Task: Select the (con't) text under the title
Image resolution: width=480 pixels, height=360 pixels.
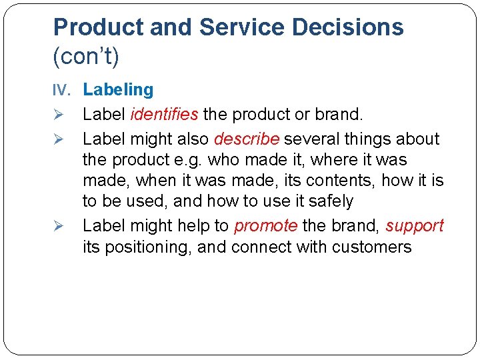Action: [x=86, y=57]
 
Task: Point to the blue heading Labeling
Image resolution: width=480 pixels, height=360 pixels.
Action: [x=118, y=90]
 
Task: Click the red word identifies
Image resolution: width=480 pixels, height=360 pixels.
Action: [x=164, y=114]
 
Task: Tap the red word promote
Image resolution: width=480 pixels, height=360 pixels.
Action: [x=265, y=225]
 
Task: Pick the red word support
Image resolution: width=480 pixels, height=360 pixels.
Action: [x=414, y=225]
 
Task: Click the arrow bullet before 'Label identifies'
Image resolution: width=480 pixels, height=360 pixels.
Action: [x=58, y=115]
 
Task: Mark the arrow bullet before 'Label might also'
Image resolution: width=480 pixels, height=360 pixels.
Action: [x=58, y=139]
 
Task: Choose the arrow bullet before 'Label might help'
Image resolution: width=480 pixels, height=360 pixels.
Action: [x=58, y=226]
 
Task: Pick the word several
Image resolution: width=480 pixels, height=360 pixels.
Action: [x=315, y=139]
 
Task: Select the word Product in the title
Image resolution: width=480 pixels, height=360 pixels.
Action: [x=99, y=27]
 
